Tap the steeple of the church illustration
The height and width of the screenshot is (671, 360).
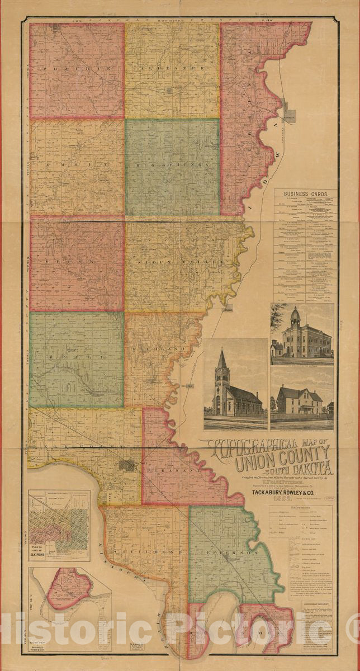click(x=222, y=361)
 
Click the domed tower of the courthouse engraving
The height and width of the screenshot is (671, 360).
click(x=295, y=316)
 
